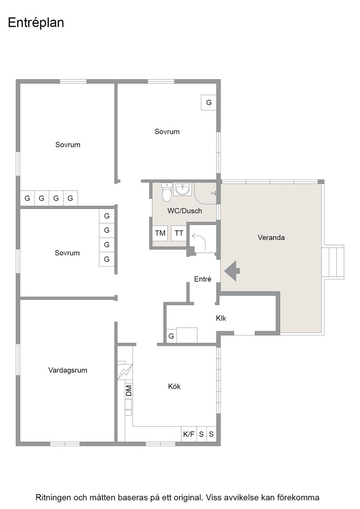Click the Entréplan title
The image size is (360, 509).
[x=36, y=23]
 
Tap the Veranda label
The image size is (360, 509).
[x=271, y=237]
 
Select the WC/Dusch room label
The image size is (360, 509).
[x=185, y=211]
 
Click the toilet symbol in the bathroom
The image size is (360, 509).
[x=167, y=192]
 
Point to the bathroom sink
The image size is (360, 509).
[x=183, y=189]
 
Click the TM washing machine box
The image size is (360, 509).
[x=160, y=233]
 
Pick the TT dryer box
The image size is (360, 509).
[x=179, y=233]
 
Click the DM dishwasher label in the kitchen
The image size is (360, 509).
[x=129, y=390]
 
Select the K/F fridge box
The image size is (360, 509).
[x=189, y=434]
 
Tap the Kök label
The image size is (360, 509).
[x=174, y=386]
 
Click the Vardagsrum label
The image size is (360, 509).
[x=68, y=370]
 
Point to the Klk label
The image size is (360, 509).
[x=221, y=318]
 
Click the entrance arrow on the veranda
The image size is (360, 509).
[x=232, y=270]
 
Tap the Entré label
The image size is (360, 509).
[x=203, y=279]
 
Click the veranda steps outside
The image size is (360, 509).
[x=333, y=262]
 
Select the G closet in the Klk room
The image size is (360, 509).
[x=171, y=336]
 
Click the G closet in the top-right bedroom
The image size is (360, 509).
[x=209, y=103]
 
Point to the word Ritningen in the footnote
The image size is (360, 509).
[x=53, y=498]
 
